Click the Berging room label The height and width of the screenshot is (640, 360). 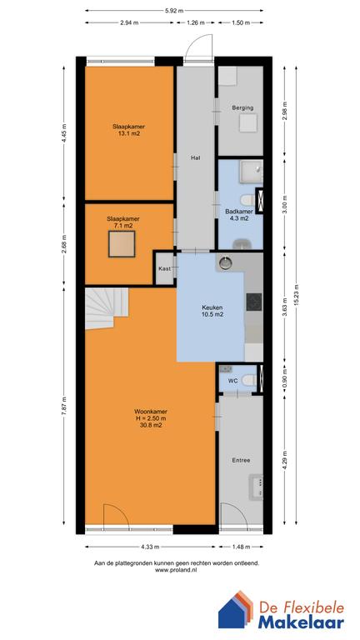click(242, 107)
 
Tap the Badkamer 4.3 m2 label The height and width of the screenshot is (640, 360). click(239, 215)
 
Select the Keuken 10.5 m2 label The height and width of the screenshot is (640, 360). click(212, 311)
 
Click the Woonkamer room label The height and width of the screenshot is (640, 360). click(151, 418)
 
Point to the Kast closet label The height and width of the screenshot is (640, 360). click(164, 268)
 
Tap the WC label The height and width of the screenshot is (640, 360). click(233, 381)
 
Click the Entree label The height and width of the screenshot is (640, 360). click(241, 460)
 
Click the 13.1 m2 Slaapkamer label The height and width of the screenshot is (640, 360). click(129, 129)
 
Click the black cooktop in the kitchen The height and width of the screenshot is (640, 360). click(254, 302)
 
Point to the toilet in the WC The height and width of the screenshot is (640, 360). click(249, 380)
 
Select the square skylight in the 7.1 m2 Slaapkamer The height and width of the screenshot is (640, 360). click(122, 244)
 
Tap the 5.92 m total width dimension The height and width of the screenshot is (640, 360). click(174, 11)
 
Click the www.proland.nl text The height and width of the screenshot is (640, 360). click(177, 570)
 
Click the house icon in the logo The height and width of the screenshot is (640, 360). click(237, 609)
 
